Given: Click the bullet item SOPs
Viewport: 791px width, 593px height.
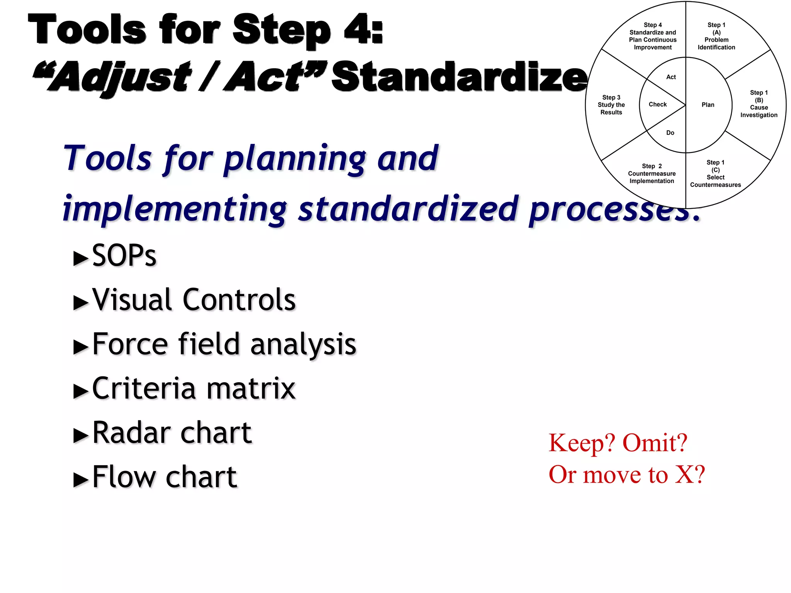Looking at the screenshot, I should click(124, 256).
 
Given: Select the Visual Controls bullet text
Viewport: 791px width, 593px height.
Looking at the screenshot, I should click(194, 300).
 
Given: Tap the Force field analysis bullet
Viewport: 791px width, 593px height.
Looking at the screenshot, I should click(224, 344).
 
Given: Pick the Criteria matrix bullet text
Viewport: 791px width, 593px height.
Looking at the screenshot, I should click(194, 388).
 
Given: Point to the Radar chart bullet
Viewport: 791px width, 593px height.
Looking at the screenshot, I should click(172, 433).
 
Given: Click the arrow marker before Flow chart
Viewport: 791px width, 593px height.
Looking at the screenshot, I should click(81, 480).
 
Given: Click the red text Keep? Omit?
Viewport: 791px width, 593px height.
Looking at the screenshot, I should click(618, 442).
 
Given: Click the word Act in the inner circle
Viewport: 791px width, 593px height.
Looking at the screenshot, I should click(671, 77).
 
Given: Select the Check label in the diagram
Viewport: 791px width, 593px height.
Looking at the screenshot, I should click(658, 105).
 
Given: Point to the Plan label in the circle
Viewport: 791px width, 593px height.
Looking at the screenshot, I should click(708, 105).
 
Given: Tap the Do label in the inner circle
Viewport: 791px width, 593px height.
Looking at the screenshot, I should click(670, 133).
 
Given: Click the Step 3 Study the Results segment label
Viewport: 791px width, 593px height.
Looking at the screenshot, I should click(611, 105).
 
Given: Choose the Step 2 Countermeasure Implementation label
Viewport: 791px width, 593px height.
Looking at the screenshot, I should click(652, 174).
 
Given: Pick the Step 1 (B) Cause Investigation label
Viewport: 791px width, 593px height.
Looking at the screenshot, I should click(759, 104).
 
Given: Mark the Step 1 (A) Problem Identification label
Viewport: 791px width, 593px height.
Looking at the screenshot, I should click(716, 36).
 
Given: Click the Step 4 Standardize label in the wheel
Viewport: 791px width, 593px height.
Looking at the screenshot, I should click(653, 36).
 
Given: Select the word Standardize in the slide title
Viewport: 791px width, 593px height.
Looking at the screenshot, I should click(459, 77).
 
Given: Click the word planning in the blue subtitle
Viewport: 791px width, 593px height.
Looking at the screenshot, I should click(295, 159).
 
